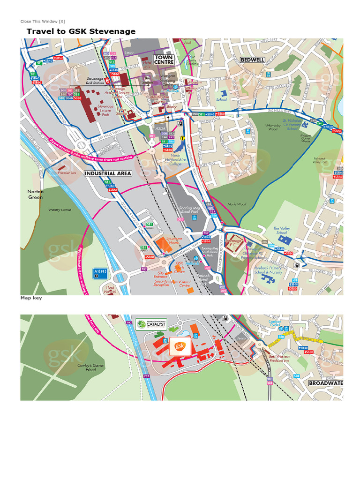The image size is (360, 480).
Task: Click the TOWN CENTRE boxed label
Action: (164, 60)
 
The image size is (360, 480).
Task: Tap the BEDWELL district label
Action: (252, 60)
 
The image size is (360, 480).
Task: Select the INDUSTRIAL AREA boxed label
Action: (108, 173)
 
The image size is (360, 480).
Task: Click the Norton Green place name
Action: (36, 195)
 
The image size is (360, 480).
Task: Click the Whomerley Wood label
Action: (273, 127)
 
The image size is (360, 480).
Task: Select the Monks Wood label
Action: (237, 204)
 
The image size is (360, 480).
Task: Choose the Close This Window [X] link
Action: (43, 21)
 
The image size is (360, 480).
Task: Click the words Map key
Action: (31, 298)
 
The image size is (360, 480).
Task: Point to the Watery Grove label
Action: (60, 210)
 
